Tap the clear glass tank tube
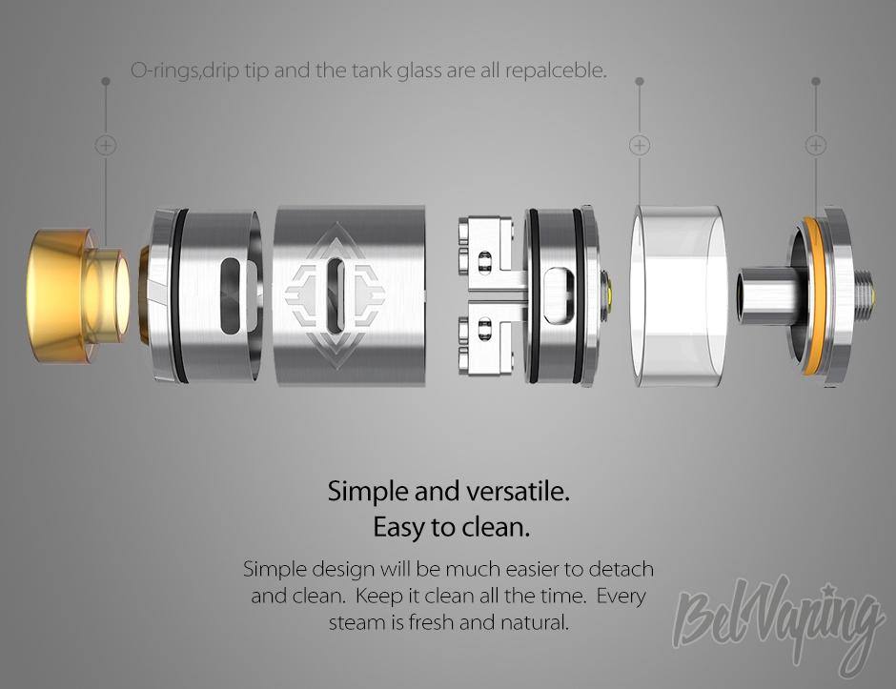click(679, 296)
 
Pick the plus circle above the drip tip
click(105, 145)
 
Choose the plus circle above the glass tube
click(640, 145)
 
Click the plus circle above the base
click(815, 145)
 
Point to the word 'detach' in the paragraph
click(621, 570)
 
